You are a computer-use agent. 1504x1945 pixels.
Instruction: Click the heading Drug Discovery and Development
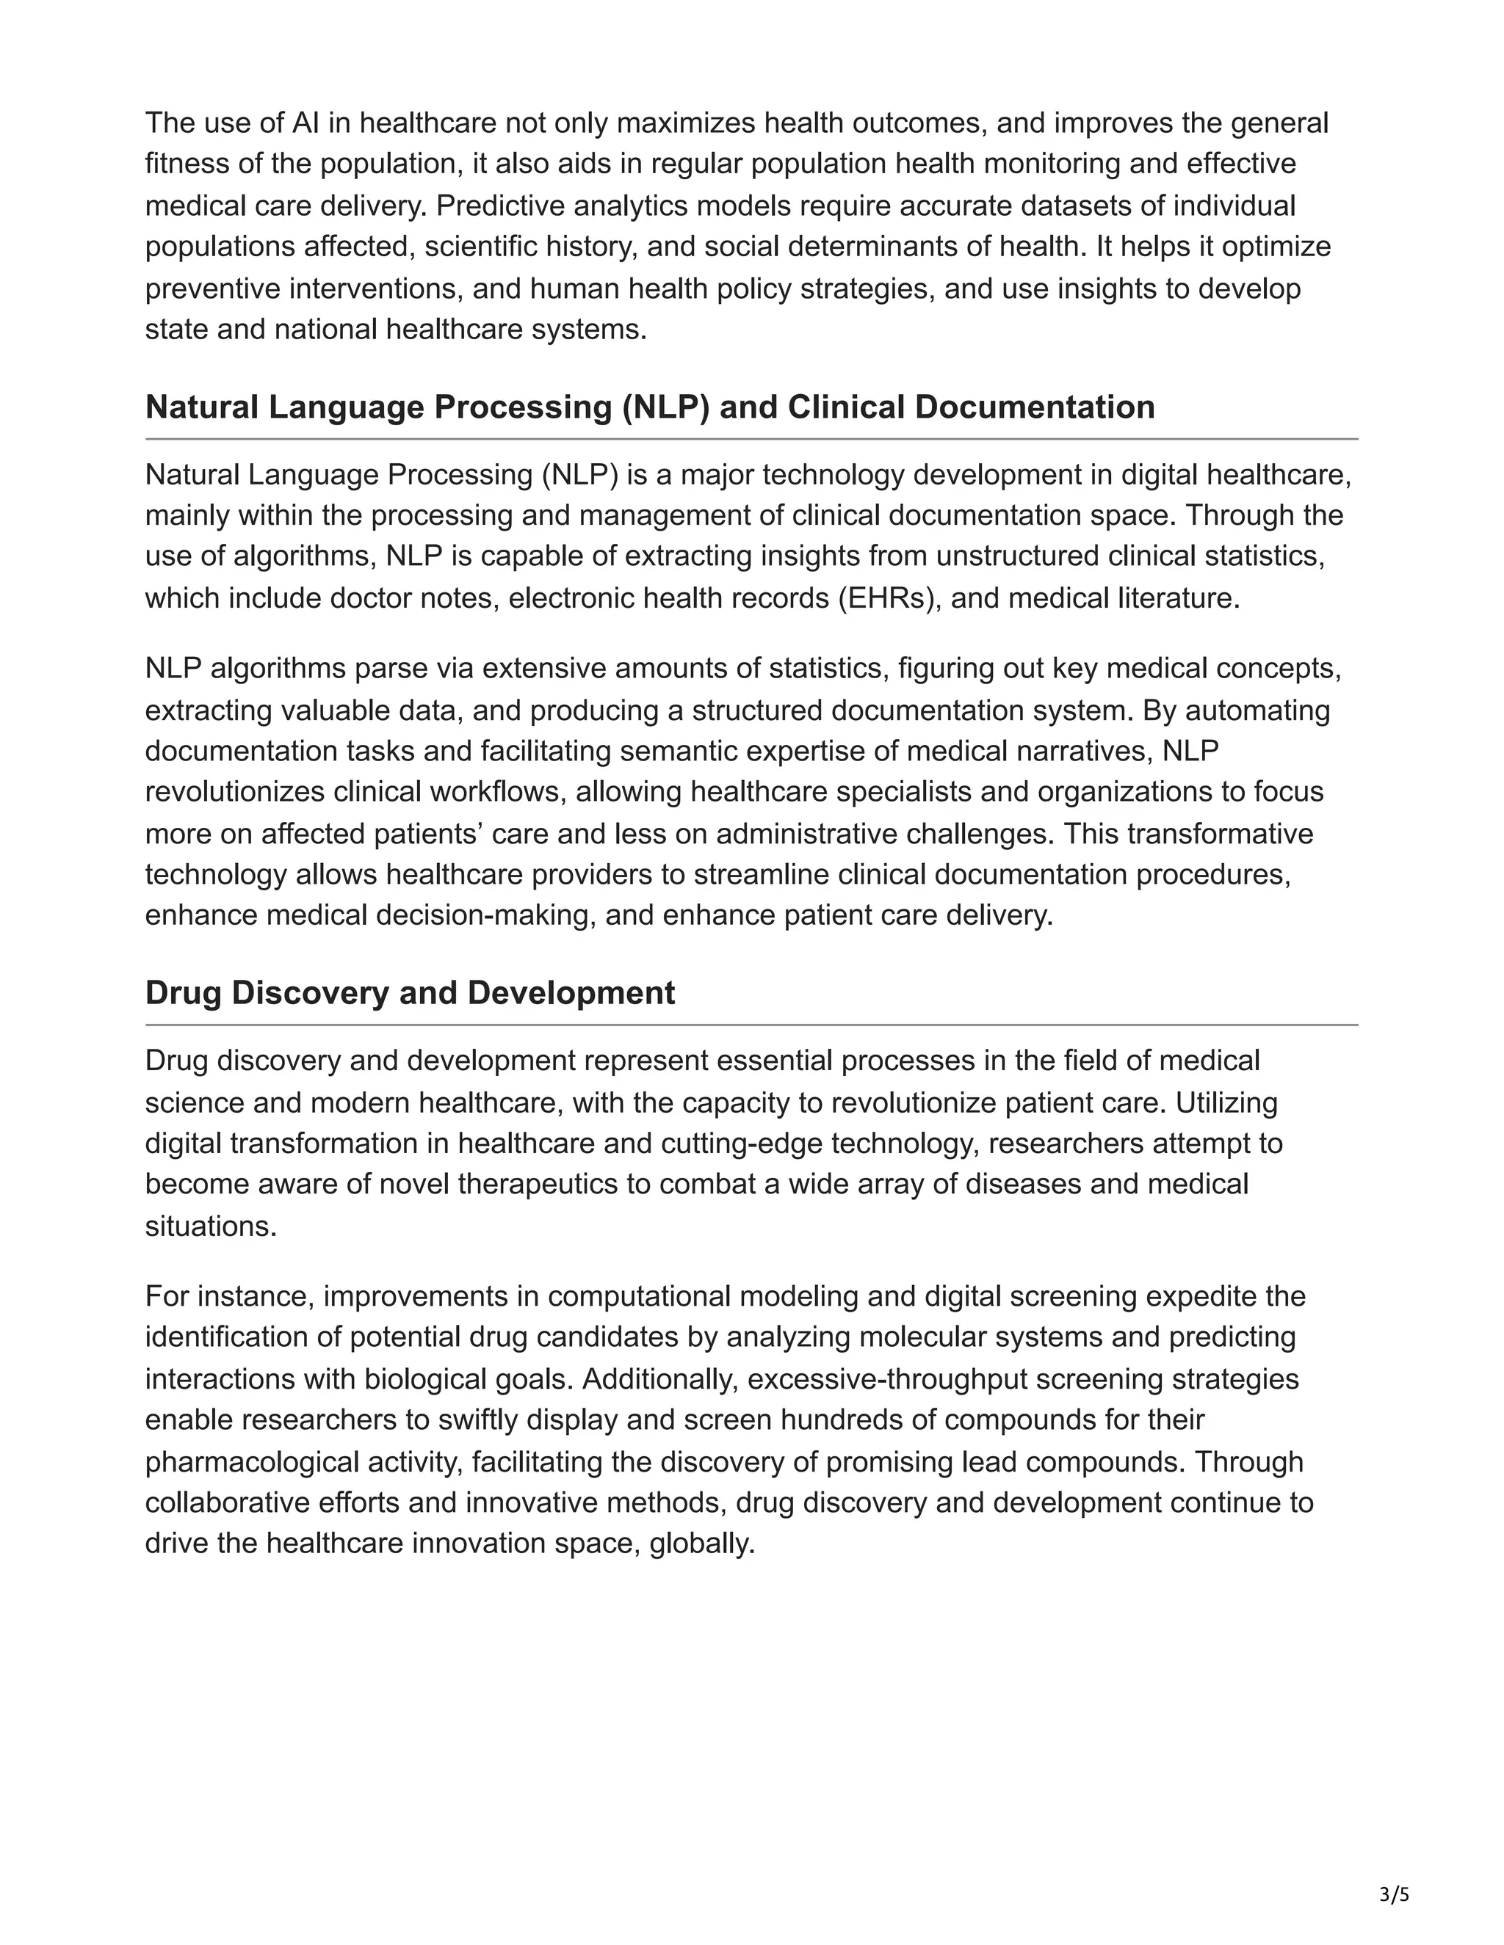point(410,993)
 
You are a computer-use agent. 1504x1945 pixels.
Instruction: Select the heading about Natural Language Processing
point(649,407)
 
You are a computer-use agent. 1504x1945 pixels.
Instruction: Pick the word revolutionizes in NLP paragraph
point(235,792)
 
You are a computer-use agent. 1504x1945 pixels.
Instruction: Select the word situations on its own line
point(210,1226)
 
